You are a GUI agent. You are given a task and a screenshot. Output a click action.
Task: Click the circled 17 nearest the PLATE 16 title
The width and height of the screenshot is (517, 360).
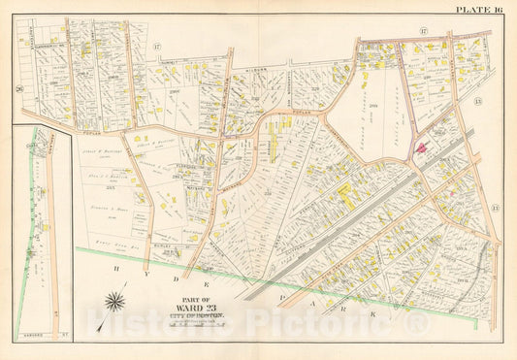point(424,31)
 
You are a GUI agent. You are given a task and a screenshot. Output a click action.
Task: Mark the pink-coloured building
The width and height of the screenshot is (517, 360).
point(424,147)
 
